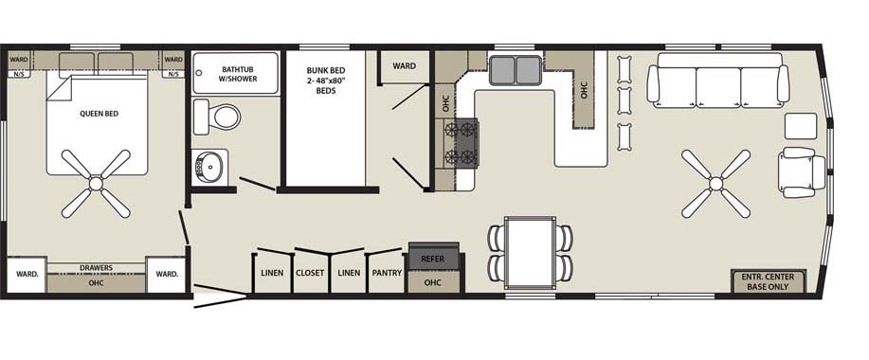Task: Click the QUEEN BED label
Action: click(100, 114)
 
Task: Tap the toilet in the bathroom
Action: click(217, 117)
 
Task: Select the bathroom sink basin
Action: click(210, 166)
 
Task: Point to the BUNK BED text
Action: click(326, 70)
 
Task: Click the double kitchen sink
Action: click(515, 70)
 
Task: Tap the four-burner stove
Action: click(462, 143)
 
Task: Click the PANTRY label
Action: click(387, 273)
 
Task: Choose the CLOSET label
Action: click(310, 273)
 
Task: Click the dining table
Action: click(531, 253)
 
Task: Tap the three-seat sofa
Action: click(718, 81)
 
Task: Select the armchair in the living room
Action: click(802, 172)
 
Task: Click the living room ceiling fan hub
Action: click(715, 184)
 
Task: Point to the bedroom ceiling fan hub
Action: click(96, 184)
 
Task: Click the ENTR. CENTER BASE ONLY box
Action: click(769, 281)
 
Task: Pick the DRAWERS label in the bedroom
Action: click(96, 267)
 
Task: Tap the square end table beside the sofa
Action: click(801, 126)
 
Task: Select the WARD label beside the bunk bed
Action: click(404, 66)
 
